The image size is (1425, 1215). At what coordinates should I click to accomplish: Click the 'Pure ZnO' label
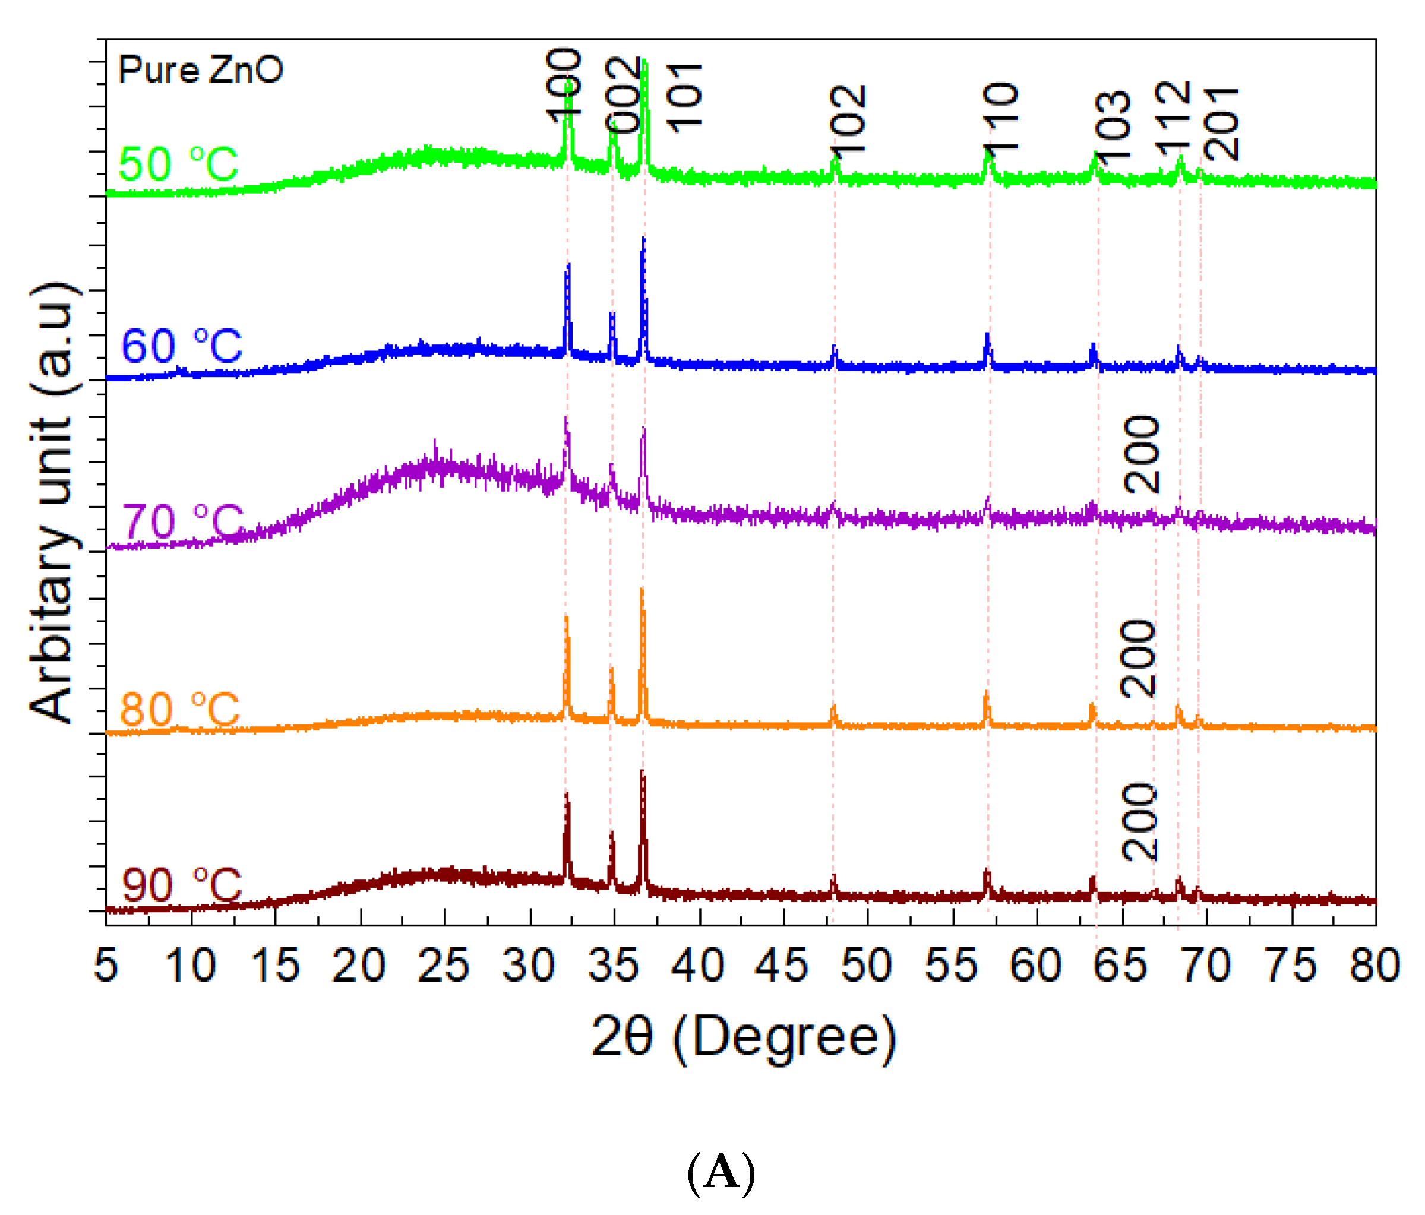click(200, 70)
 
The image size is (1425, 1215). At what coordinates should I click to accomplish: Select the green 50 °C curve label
click(178, 164)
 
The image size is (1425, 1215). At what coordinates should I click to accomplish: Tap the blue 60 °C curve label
click(182, 345)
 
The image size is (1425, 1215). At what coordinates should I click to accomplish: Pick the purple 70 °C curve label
click(183, 521)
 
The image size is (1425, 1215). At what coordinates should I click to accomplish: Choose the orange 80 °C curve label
click(180, 709)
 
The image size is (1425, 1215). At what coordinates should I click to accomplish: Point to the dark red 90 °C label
click(182, 885)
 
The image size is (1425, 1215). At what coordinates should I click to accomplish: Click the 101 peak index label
click(684, 97)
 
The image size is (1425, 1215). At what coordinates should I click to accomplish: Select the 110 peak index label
click(1001, 117)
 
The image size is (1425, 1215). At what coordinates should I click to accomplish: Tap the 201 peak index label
click(1221, 124)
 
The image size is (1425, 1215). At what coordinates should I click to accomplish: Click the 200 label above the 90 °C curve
click(1140, 822)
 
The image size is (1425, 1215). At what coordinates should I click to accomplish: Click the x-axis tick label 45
click(782, 966)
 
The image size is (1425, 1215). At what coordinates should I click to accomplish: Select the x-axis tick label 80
click(1375, 966)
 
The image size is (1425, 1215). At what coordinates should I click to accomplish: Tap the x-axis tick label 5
click(106, 966)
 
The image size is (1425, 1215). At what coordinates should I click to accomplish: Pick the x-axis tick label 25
click(444, 966)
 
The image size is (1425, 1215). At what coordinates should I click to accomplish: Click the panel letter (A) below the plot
click(721, 1171)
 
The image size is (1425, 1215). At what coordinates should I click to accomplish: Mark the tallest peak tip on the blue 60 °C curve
click(643, 239)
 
